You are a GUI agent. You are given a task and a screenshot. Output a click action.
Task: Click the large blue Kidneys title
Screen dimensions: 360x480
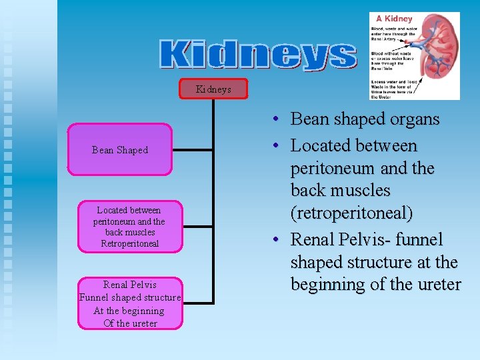(258, 55)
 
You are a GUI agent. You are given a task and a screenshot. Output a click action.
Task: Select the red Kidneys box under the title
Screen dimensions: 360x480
(213, 89)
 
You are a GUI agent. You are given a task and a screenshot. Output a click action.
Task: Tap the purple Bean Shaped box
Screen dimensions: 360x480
(120, 150)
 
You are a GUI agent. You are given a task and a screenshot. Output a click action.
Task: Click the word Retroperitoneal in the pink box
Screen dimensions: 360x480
(129, 244)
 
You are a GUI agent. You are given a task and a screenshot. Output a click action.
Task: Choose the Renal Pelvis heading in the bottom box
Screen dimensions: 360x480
(130, 285)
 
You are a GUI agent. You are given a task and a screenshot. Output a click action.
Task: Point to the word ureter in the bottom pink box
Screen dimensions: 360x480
(143, 323)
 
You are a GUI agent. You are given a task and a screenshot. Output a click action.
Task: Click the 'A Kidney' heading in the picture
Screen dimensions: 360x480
(394, 19)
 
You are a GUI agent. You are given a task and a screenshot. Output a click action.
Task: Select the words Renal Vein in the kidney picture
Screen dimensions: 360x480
(381, 67)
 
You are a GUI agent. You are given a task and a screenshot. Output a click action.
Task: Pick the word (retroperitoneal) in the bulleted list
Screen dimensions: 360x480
(351, 213)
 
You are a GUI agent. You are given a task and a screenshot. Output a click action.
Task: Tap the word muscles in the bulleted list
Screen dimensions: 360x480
(359, 191)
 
